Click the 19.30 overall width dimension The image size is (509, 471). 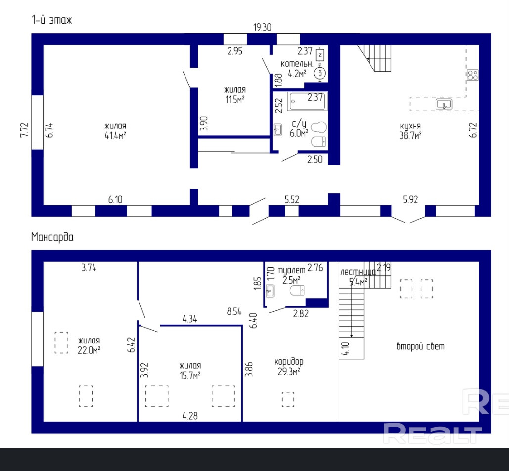pos(262,27)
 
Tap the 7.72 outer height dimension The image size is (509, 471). pos(24,130)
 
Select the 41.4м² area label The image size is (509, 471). pos(115,135)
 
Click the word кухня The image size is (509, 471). pos(411,126)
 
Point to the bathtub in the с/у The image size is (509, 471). pos(307,101)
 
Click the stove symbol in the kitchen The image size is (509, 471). pos(473,75)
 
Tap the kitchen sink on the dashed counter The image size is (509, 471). pos(444,104)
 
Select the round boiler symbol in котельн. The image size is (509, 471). pos(320,73)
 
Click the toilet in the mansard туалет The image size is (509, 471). pos(297,290)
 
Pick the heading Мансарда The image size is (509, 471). pos(52,237)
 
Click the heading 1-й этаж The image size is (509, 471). pos(51,20)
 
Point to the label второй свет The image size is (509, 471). pos(420,346)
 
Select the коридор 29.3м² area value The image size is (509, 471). pos(288,372)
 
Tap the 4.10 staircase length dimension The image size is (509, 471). pos(345,348)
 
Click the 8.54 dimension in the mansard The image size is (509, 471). pos(234,312)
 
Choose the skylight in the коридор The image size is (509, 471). pos(288,399)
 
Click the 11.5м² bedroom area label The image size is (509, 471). pos(234,99)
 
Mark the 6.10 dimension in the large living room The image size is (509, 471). pos(115,199)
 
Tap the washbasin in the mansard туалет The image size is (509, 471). pos(270,291)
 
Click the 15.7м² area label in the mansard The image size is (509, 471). pos(190,375)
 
